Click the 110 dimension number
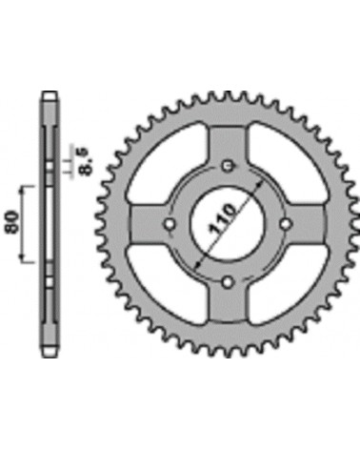pyautogui.click(x=223, y=219)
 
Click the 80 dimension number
pyautogui.click(x=12, y=221)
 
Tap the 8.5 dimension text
pyautogui.click(x=86, y=162)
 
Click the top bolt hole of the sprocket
pyautogui.click(x=228, y=166)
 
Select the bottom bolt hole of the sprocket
pyautogui.click(x=228, y=281)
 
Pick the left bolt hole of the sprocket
pyautogui.click(x=170, y=224)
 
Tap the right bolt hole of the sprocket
pyautogui.click(x=286, y=224)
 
